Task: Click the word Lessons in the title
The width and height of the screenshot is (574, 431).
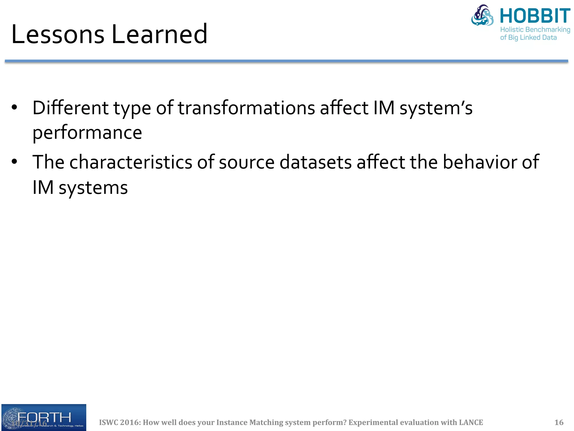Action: (57, 35)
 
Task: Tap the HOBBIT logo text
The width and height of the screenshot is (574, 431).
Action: (535, 16)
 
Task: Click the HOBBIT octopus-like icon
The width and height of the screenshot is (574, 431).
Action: (482, 16)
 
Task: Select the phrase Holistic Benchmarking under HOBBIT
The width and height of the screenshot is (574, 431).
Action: (535, 29)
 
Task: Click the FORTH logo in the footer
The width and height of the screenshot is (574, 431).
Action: (44, 417)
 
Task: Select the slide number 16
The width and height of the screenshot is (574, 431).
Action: (559, 422)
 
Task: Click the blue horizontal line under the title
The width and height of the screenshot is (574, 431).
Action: (286, 61)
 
